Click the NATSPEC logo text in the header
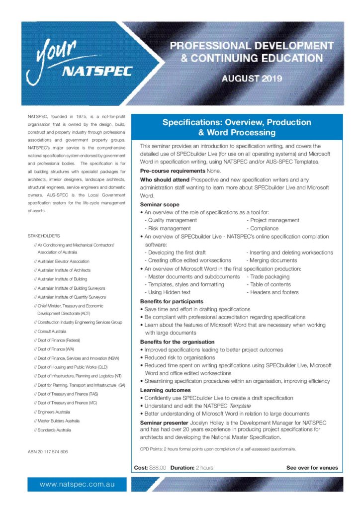[97, 71]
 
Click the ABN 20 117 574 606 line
[48, 452]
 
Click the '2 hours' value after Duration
[204, 468]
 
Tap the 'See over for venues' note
[312, 468]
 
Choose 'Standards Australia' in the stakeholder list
[54, 430]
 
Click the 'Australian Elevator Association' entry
[63, 261]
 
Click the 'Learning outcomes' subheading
[165, 390]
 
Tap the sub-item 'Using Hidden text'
[169, 292]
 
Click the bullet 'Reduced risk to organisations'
[180, 357]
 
